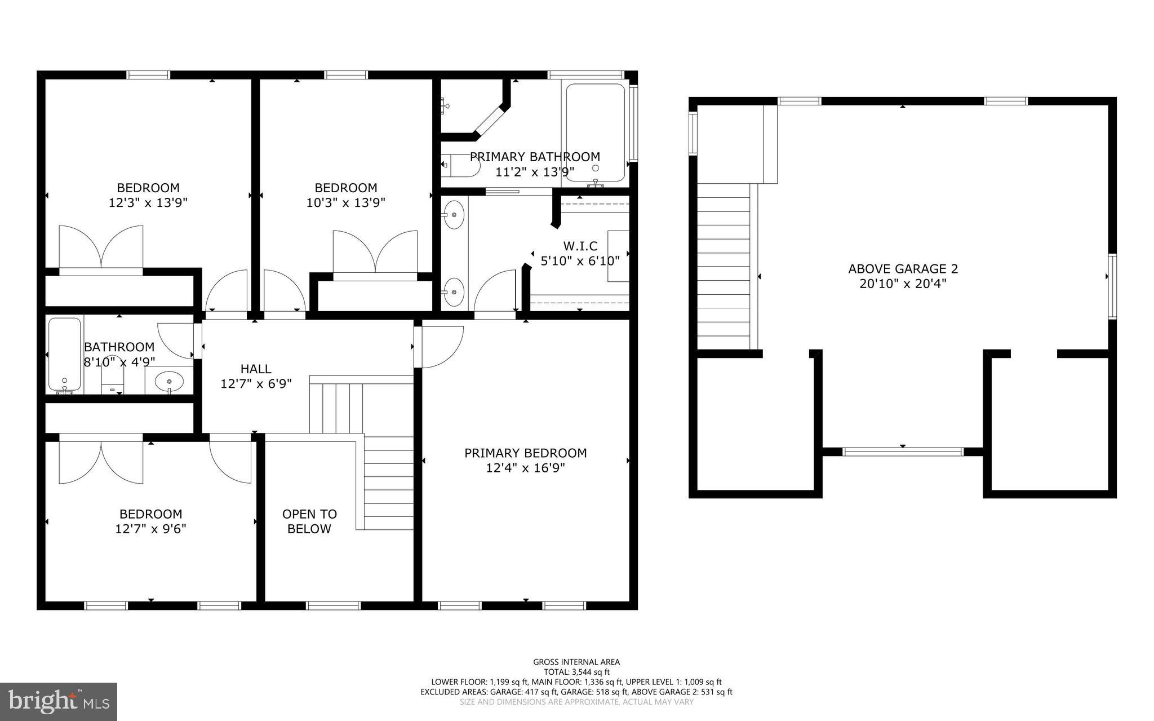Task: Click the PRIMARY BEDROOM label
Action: point(525,453)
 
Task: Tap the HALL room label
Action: point(256,369)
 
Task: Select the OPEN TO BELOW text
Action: point(309,521)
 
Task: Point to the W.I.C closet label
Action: point(580,246)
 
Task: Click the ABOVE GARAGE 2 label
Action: point(903,269)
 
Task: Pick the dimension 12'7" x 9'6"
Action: point(150,529)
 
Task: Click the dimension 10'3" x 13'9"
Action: point(345,202)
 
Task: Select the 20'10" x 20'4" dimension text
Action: point(903,284)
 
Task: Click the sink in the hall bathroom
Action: point(169,381)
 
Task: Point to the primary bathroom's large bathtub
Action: point(596,133)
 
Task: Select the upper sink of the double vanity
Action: point(453,214)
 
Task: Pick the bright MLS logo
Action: point(59,701)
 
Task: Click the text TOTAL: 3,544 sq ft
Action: point(576,672)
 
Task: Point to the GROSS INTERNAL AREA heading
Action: point(576,662)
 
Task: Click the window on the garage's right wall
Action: point(1112,286)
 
